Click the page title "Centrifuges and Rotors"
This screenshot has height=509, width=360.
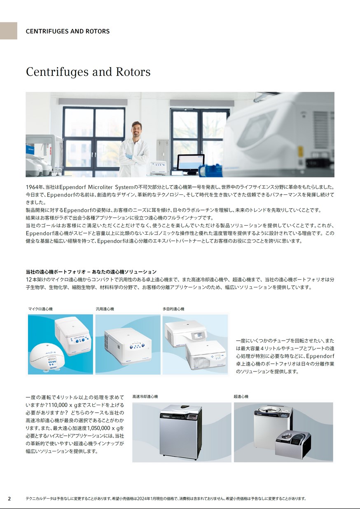point(88,72)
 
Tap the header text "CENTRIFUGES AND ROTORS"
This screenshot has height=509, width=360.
point(68,31)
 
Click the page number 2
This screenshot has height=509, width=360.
point(9,499)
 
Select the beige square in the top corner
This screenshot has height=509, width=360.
point(9,31)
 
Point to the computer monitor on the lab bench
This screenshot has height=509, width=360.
point(190,163)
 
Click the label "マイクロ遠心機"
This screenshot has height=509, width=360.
point(40,309)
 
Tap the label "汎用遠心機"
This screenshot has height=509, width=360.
point(105,309)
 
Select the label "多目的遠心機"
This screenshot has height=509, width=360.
point(173,309)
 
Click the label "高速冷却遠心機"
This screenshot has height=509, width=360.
point(145,397)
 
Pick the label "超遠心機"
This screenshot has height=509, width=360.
point(241,397)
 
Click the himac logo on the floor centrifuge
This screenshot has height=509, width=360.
point(165,417)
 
